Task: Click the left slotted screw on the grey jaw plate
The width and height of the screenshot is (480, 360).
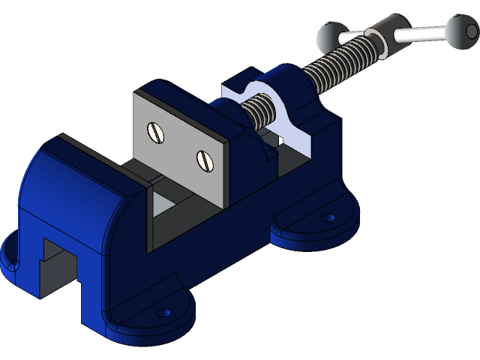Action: point(156,132)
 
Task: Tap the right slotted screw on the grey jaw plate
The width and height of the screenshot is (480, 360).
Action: point(205,159)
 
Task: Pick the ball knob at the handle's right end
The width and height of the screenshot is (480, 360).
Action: point(459,28)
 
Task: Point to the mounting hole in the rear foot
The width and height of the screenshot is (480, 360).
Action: point(327,217)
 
